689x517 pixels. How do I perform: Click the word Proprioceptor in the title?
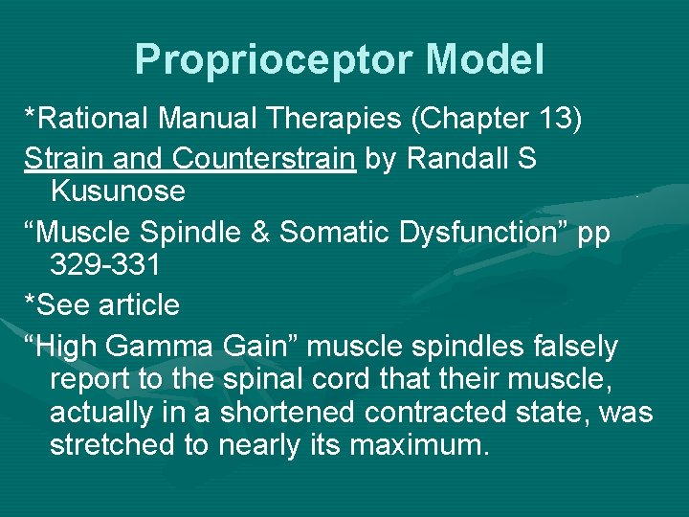click(x=275, y=59)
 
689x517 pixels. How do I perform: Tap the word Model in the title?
click(x=485, y=59)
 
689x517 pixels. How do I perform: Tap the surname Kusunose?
click(x=118, y=191)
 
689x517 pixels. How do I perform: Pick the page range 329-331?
click(x=106, y=264)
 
